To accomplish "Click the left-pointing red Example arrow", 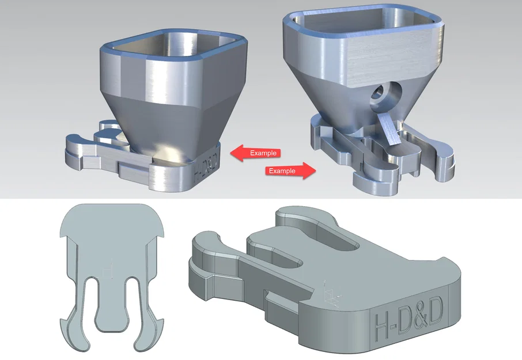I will [x=256, y=153].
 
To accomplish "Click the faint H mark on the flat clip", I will [x=107, y=268].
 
